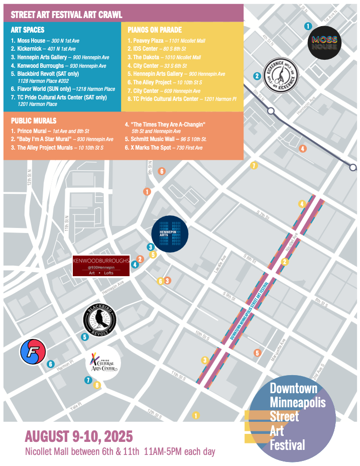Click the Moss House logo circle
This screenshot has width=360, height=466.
click(x=324, y=43)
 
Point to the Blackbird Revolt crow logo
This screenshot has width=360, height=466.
click(x=100, y=320)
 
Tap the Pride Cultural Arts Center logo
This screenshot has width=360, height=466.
click(x=102, y=364)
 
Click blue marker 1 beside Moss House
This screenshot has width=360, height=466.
click(x=308, y=26)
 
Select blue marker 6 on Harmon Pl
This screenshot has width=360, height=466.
click(x=50, y=364)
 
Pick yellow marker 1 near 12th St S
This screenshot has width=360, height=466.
click(x=196, y=415)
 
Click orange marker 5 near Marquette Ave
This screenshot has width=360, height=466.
click(x=257, y=353)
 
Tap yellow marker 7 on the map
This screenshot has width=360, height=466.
click(x=254, y=166)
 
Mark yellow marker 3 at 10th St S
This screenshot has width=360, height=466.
click(x=204, y=360)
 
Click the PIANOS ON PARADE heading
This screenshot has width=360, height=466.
click(x=155, y=30)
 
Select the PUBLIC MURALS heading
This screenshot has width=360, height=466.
click(x=33, y=121)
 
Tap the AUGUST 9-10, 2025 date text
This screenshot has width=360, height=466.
click(x=79, y=435)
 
